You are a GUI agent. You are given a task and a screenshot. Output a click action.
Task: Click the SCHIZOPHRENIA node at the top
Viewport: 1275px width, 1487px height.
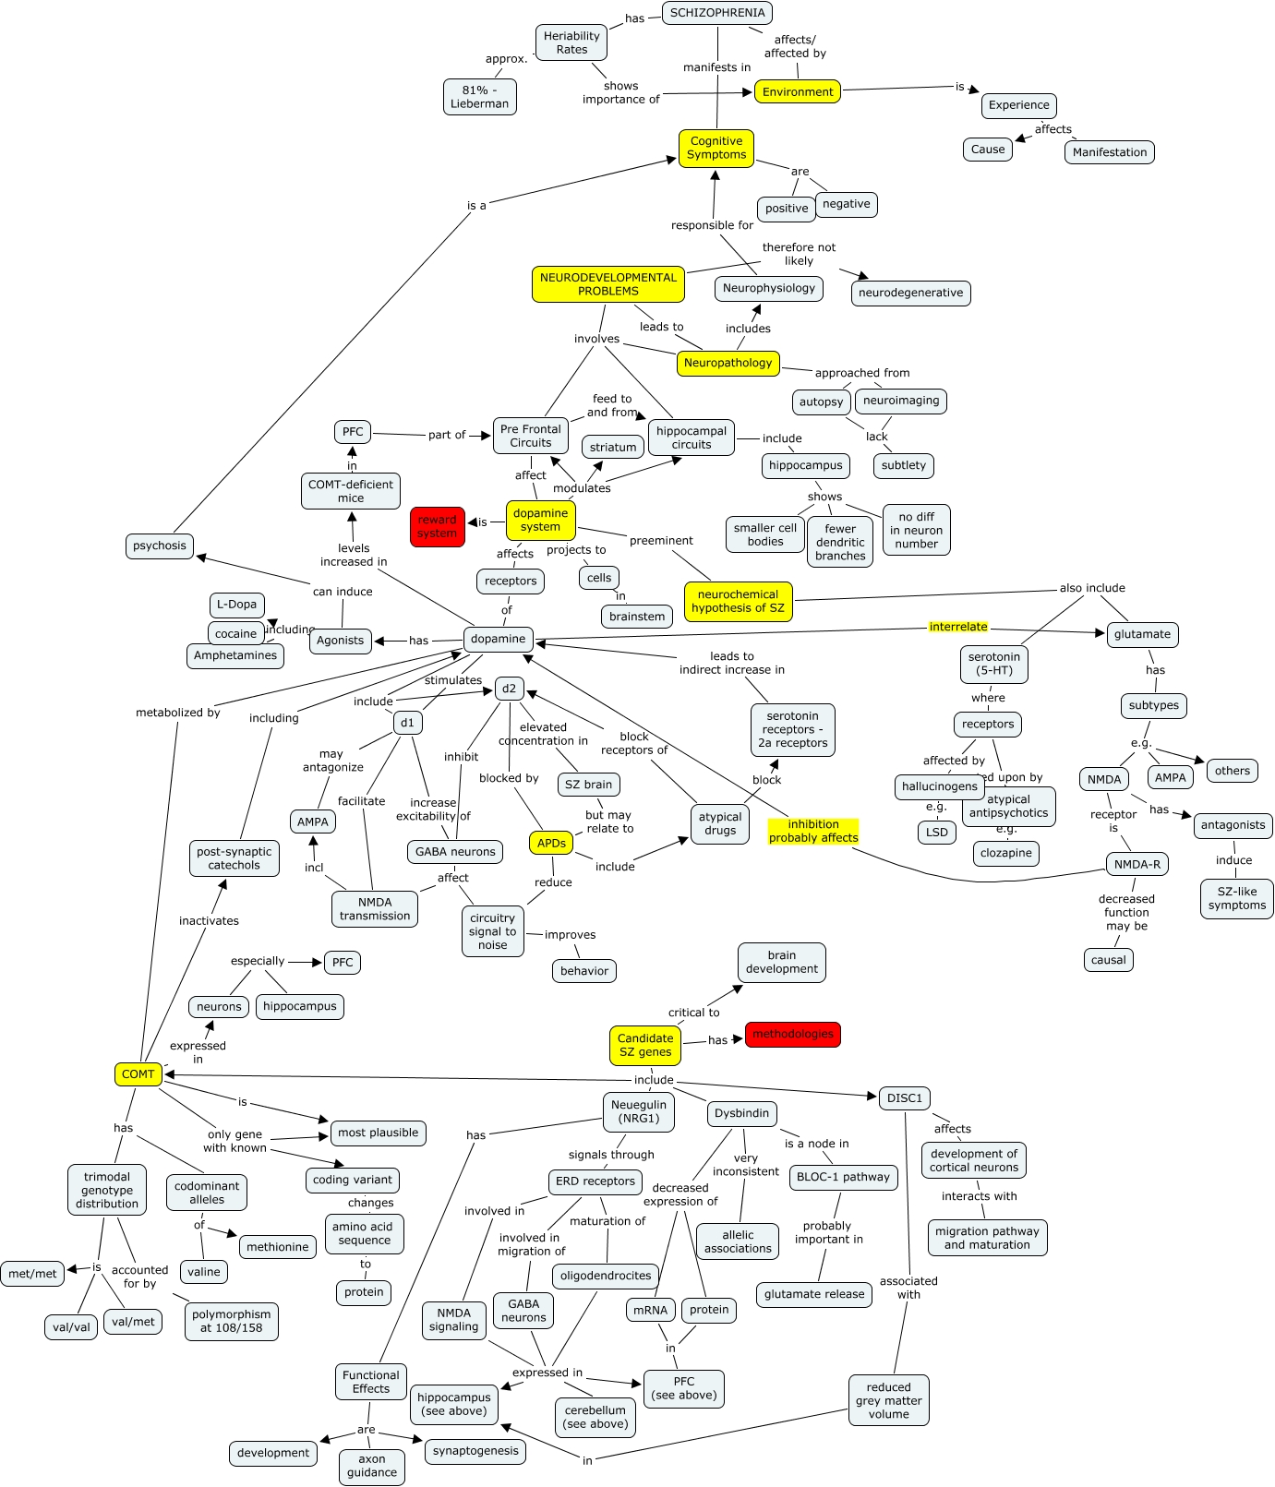(717, 13)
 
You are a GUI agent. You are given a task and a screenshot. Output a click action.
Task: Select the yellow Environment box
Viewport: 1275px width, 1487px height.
(798, 91)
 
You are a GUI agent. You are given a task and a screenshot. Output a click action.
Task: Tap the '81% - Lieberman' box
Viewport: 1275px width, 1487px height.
(479, 97)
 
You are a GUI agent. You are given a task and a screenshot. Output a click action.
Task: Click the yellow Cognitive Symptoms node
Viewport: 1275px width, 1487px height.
(716, 148)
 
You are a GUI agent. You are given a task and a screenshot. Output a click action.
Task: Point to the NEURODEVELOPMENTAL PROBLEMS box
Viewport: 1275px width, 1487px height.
(608, 284)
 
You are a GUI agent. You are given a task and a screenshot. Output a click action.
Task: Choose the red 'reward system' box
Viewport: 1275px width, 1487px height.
(437, 526)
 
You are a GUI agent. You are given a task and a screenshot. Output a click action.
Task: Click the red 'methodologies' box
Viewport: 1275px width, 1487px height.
(792, 1034)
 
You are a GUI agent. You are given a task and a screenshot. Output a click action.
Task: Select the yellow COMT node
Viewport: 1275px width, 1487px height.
(138, 1073)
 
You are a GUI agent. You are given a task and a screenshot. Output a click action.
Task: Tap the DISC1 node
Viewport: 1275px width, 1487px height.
(904, 1097)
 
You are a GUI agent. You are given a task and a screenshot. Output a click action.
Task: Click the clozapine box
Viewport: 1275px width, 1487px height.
(1005, 853)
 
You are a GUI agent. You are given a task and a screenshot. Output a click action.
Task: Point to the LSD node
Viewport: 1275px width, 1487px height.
(936, 832)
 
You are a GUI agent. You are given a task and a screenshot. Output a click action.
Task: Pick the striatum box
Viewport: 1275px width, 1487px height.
(613, 447)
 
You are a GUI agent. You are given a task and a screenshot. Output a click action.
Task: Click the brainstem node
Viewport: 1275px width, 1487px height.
(636, 617)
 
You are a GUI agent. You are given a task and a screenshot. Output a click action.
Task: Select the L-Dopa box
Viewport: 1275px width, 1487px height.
(236, 605)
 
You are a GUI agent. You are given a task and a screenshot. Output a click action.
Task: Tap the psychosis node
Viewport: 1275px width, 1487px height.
(160, 546)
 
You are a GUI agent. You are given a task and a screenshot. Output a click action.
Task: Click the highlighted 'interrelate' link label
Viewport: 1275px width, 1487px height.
(958, 627)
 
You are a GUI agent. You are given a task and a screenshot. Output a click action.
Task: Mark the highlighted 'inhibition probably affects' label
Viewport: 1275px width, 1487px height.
(813, 831)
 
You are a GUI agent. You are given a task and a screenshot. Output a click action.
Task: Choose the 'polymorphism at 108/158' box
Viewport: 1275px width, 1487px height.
(231, 1321)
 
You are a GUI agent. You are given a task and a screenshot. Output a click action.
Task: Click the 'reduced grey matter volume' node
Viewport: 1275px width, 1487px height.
(888, 1400)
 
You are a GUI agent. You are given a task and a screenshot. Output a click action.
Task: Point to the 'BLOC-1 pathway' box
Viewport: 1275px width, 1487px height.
(843, 1177)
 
